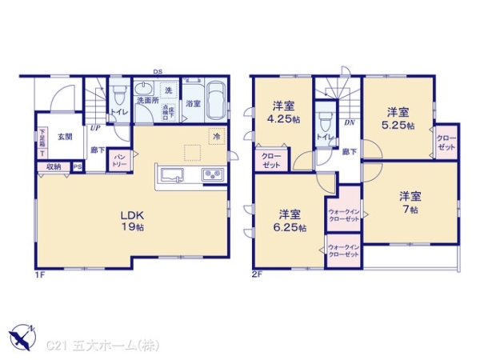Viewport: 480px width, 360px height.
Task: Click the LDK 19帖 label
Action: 131,221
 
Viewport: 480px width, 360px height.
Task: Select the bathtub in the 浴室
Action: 216,102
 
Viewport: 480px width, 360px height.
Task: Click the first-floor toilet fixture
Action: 117,99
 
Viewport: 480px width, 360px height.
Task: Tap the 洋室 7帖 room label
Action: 410,202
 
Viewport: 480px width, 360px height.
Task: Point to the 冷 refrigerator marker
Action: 216,137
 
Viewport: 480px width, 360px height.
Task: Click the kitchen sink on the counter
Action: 174,174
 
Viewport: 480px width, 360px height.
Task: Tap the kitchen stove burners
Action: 213,175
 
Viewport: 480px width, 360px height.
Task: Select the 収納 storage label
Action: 53,166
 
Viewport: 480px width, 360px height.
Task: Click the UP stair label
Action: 95,126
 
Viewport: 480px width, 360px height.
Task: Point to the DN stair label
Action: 350,124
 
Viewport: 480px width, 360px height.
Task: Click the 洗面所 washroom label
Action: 146,102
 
